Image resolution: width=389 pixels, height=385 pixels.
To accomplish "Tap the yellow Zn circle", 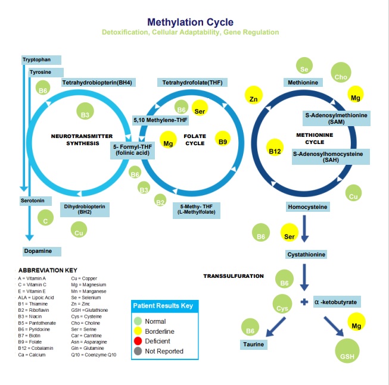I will point(254,98).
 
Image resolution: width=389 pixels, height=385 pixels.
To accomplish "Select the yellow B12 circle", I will point(275,151).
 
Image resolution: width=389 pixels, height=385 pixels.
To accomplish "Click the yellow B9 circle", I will point(223,142).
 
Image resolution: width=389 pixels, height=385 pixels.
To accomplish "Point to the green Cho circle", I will point(341,77).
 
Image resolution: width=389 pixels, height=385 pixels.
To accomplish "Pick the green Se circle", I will point(304,69).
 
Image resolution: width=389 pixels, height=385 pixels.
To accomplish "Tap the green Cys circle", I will point(282,308).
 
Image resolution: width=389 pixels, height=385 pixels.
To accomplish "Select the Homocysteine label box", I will point(308,207).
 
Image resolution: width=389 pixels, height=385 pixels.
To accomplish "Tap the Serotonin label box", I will point(35,201).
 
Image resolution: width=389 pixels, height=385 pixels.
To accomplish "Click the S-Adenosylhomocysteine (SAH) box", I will point(330,156).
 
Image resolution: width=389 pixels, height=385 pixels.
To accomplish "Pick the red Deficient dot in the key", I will point(139,341).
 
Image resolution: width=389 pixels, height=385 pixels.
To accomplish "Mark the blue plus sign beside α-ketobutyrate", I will point(304,302).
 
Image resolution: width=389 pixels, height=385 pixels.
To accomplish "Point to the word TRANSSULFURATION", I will point(234,276).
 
